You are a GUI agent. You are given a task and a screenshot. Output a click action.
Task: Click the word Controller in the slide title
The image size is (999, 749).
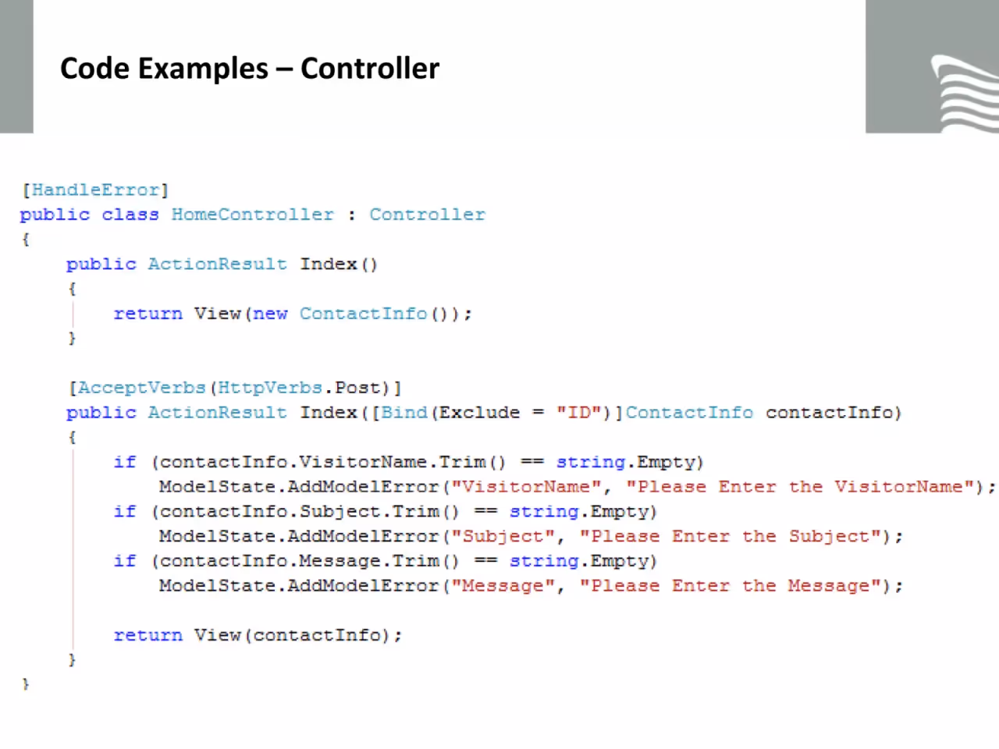click(x=370, y=69)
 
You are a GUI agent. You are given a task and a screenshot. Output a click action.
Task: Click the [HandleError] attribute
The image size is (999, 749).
click(x=95, y=190)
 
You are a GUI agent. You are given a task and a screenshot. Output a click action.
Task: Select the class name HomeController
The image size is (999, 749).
click(x=253, y=215)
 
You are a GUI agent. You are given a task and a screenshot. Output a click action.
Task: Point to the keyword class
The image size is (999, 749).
click(x=130, y=215)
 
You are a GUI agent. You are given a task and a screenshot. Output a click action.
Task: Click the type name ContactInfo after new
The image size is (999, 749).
click(x=363, y=314)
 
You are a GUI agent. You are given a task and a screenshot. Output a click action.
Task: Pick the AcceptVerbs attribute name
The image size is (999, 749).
click(x=142, y=388)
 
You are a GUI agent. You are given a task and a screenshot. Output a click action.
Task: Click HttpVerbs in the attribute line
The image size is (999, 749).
click(x=270, y=388)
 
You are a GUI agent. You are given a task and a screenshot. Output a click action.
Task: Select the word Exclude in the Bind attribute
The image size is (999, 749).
click(x=479, y=413)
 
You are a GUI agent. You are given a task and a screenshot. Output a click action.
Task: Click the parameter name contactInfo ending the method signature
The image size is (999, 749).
click(x=829, y=413)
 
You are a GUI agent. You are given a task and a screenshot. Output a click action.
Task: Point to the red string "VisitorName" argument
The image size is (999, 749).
click(x=527, y=487)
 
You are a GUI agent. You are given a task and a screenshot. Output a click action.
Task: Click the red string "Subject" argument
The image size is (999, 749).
click(x=503, y=537)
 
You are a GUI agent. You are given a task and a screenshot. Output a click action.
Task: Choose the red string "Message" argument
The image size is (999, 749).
click(x=503, y=586)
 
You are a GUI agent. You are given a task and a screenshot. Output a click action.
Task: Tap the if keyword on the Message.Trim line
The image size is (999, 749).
click(x=125, y=561)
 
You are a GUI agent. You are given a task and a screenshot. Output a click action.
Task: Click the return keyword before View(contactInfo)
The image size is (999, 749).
click(x=148, y=635)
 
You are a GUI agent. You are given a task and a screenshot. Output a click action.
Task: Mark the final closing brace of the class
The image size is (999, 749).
click(x=26, y=684)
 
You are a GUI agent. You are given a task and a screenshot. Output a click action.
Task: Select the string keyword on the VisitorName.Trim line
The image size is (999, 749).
click(x=591, y=463)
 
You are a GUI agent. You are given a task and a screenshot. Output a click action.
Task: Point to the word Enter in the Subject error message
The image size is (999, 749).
click(x=701, y=537)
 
